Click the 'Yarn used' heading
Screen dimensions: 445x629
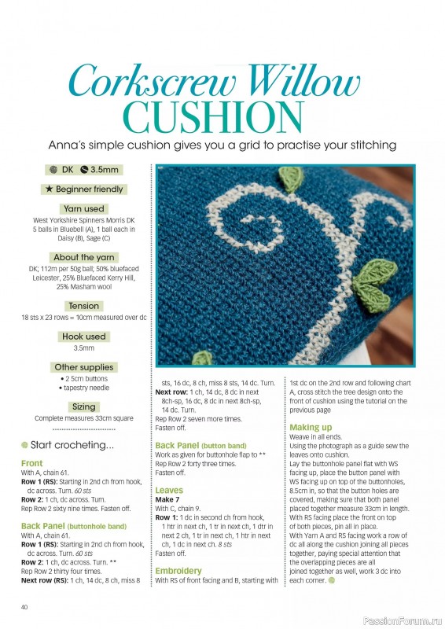tap(83, 209)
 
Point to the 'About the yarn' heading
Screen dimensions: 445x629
tap(83, 257)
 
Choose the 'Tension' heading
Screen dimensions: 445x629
tap(83, 306)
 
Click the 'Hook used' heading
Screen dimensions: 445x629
tap(83, 337)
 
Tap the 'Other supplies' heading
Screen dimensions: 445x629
tap(83, 367)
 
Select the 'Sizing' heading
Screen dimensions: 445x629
tap(83, 407)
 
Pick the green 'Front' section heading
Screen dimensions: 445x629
tap(32, 464)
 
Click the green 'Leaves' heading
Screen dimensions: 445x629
tap(169, 490)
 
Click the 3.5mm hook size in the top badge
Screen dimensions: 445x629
tap(104, 169)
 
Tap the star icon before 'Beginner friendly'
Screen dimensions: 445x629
tap(50, 189)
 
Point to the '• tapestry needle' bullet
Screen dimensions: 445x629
tap(83, 388)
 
